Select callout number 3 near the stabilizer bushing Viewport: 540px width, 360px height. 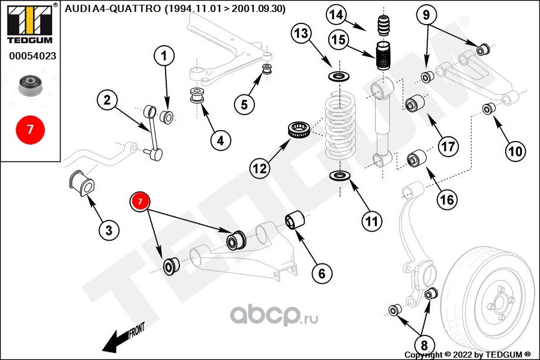(x=109, y=230)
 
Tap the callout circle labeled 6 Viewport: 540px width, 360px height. (x=322, y=274)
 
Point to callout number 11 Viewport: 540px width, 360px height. (x=372, y=221)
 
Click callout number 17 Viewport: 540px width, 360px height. (x=448, y=146)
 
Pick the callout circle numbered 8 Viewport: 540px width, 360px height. (x=424, y=345)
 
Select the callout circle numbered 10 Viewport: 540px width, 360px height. (x=515, y=151)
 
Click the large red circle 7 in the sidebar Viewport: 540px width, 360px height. (x=30, y=128)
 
